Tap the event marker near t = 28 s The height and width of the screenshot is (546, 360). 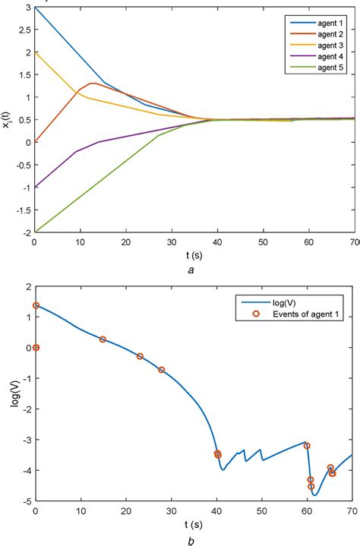161,370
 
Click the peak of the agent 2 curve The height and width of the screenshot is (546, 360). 93,83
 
